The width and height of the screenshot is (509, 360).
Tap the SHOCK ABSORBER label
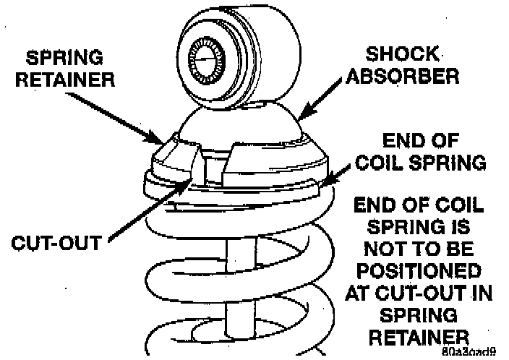(402, 66)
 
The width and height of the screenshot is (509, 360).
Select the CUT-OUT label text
(56, 241)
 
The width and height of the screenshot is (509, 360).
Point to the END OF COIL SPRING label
(419, 152)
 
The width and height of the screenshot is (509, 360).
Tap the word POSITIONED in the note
(419, 272)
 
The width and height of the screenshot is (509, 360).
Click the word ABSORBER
(402, 76)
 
